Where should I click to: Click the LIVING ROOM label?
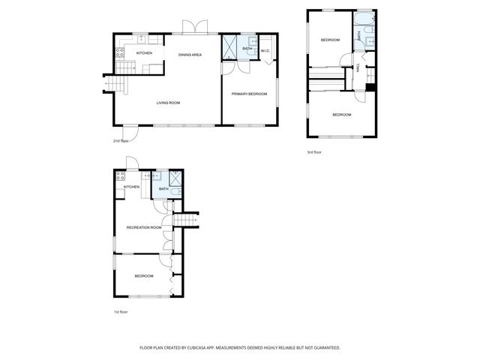pyautogui.click(x=168, y=103)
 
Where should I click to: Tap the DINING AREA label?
pyautogui.click(x=190, y=55)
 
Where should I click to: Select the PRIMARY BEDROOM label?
pyautogui.click(x=249, y=94)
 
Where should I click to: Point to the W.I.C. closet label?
pyautogui.click(x=265, y=51)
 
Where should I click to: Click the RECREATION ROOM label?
pyautogui.click(x=144, y=227)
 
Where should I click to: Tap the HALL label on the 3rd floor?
pyautogui.click(x=358, y=67)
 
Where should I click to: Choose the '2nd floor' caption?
pyautogui.click(x=121, y=140)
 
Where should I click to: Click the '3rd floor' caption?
pyautogui.click(x=314, y=152)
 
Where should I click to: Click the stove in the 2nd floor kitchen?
pyautogui.click(x=119, y=52)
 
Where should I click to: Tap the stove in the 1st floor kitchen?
pyautogui.click(x=120, y=177)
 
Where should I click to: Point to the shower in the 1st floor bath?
pyautogui.click(x=175, y=178)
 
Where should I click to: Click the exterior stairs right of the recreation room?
pyautogui.click(x=184, y=218)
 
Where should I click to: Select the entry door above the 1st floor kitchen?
pyautogui.click(x=130, y=163)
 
